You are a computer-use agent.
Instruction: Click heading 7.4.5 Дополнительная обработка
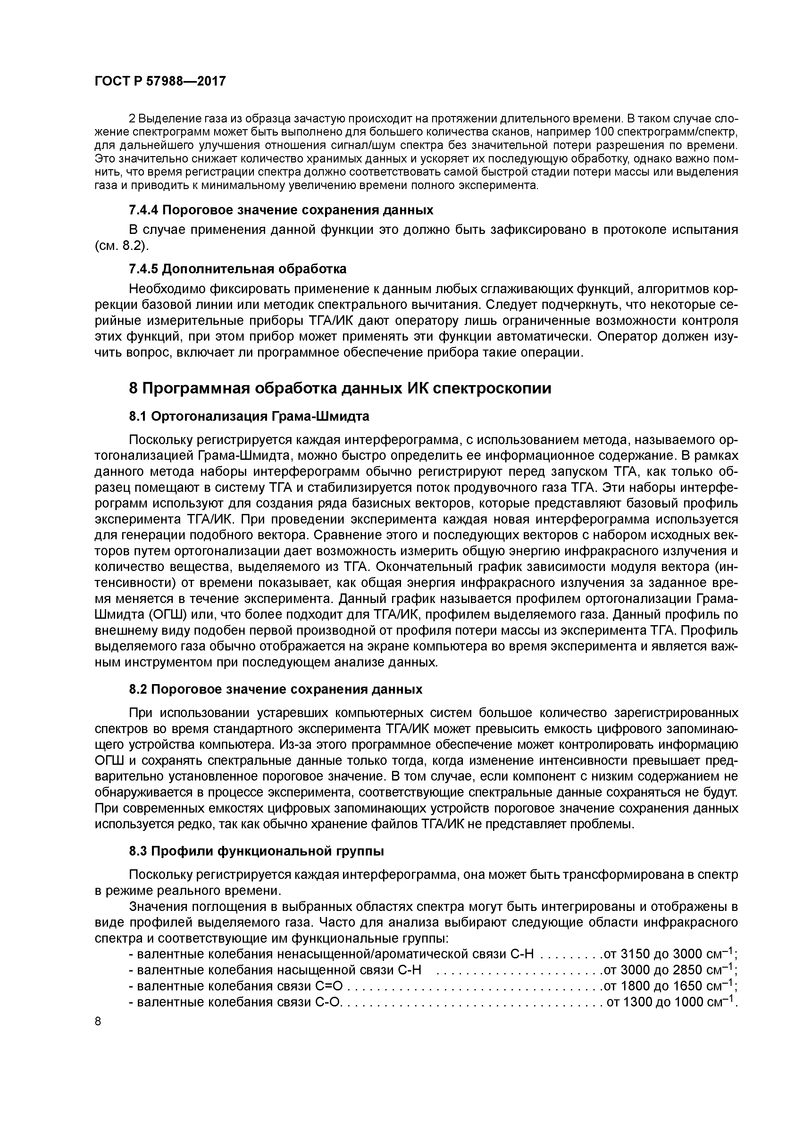(237, 269)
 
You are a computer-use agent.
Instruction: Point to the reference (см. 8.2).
(121, 246)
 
